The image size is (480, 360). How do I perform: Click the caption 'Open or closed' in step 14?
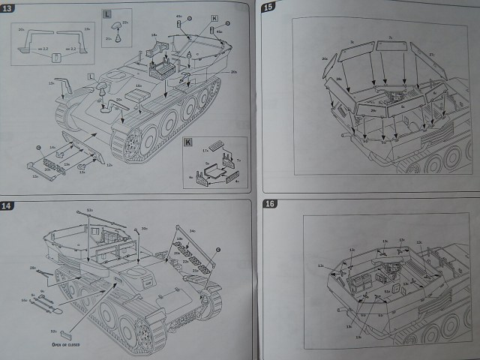pyautogui.click(x=67, y=345)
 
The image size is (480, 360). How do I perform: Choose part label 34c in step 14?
pyautogui.click(x=193, y=231)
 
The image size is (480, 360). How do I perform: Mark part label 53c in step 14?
pyautogui.click(x=89, y=210)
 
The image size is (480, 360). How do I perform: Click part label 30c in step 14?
pyautogui.click(x=144, y=228)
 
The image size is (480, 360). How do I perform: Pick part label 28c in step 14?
pyautogui.click(x=33, y=268)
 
